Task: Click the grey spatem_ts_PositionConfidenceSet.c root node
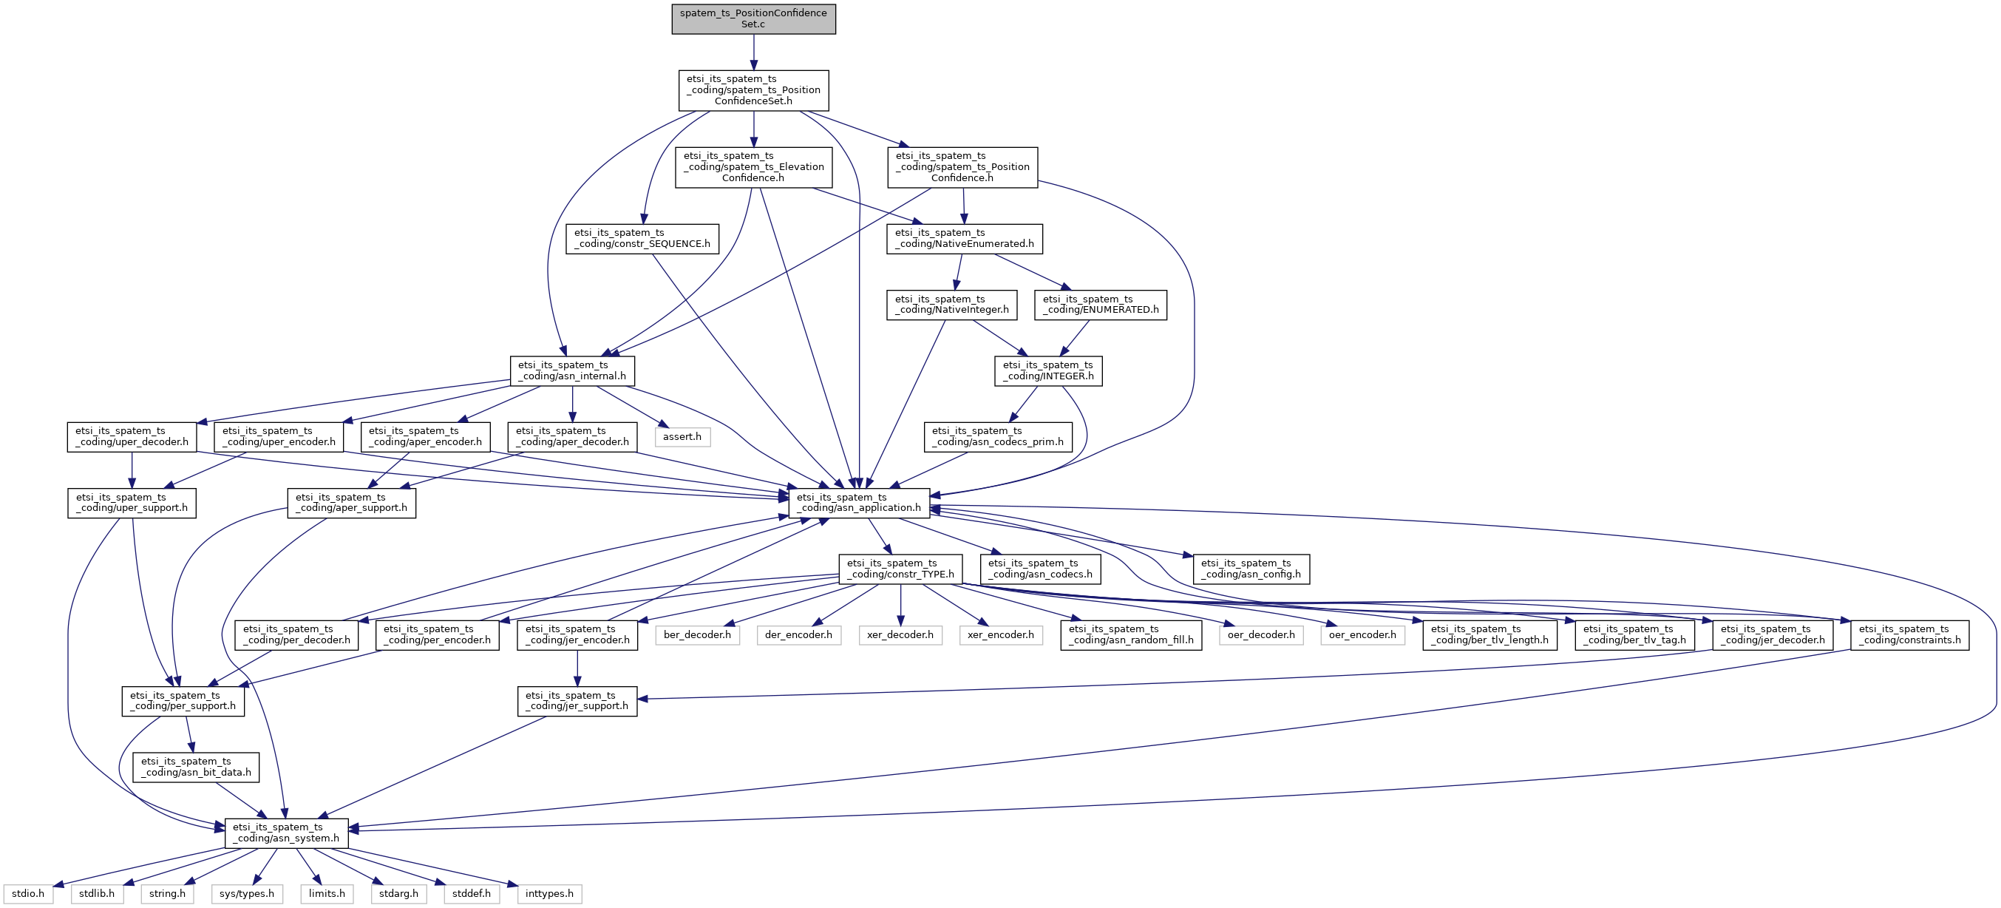[x=753, y=18]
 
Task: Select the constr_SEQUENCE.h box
[x=642, y=238]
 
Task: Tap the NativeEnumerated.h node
[x=964, y=238]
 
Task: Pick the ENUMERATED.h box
[x=1100, y=305]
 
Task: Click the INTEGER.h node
[x=1048, y=370]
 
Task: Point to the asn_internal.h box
[x=571, y=370]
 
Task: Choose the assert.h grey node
[x=682, y=436]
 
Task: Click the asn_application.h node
[x=858, y=503]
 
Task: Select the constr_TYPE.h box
[x=900, y=569]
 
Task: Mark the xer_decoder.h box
[x=900, y=634]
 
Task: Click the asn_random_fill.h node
[x=1131, y=634]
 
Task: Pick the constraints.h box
[x=1909, y=634]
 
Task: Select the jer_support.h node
[x=577, y=701]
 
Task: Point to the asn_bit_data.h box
[x=196, y=767]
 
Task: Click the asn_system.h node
[x=286, y=833]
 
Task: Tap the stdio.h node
[x=28, y=894]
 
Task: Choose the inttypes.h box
[x=549, y=894]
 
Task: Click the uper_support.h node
[x=132, y=503]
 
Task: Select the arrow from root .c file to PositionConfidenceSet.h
[x=753, y=52]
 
